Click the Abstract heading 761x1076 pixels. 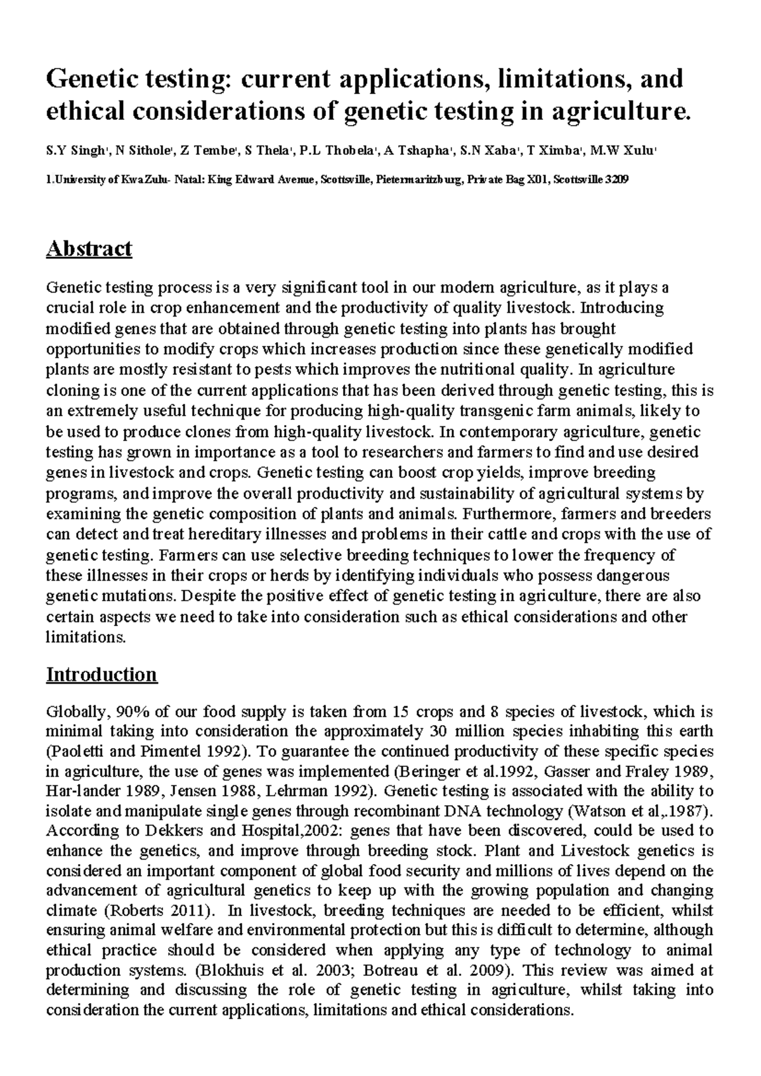coord(89,248)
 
